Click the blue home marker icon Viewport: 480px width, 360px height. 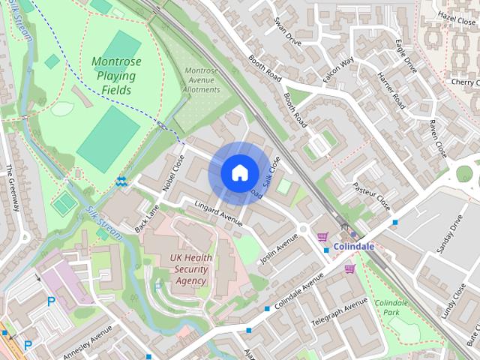click(x=238, y=172)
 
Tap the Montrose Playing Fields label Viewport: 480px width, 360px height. click(x=114, y=76)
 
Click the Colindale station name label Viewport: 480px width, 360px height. click(x=354, y=246)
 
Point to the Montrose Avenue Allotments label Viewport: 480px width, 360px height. click(x=202, y=80)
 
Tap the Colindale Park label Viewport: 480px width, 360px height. click(x=391, y=307)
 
